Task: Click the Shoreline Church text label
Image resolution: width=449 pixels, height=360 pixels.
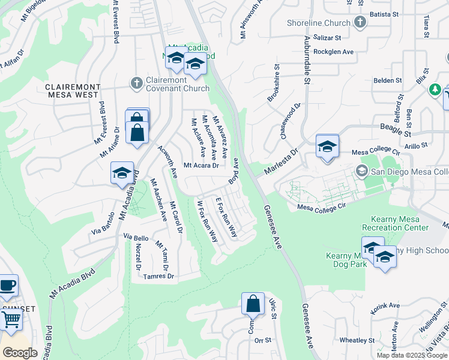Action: (x=318, y=23)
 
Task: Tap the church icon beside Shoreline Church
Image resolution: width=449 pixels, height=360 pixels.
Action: (x=360, y=23)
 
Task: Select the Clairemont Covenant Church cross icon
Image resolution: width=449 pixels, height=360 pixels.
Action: (x=137, y=83)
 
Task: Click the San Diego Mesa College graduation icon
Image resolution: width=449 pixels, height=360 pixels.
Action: (x=361, y=171)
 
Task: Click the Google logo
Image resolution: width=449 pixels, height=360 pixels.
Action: (x=20, y=352)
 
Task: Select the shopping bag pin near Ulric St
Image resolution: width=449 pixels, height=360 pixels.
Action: (x=253, y=304)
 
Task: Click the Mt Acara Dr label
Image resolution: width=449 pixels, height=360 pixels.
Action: (x=201, y=166)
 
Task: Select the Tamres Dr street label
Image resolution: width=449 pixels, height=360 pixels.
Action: (x=159, y=277)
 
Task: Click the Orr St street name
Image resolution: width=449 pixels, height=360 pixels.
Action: (x=263, y=340)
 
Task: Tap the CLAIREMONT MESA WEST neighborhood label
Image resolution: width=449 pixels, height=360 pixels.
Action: (x=76, y=91)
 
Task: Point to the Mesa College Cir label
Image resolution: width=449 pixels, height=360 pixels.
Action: (x=322, y=207)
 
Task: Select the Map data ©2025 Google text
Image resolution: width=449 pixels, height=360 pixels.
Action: (x=412, y=355)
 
